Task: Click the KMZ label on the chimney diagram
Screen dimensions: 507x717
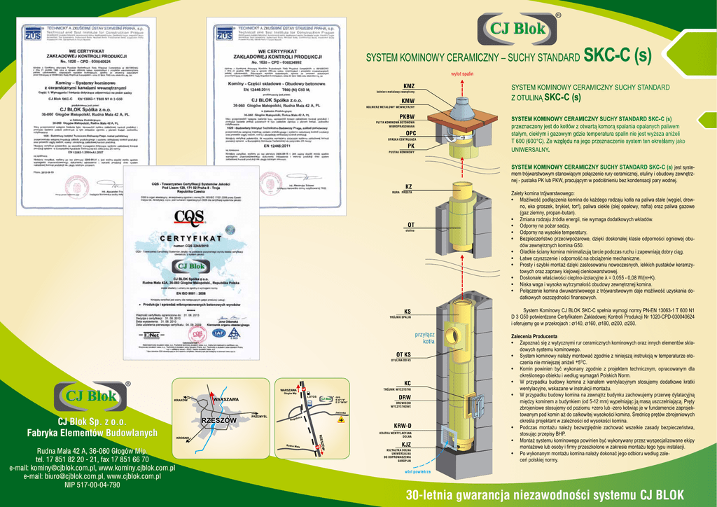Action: click(409, 85)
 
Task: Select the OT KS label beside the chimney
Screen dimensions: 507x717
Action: click(404, 355)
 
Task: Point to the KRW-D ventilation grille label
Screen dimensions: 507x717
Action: click(403, 426)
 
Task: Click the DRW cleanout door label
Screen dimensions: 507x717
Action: click(405, 398)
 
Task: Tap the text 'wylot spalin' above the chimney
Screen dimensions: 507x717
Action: click(462, 73)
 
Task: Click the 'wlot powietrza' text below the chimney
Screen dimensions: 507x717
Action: click(418, 472)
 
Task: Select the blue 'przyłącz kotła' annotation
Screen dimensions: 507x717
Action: click(425, 338)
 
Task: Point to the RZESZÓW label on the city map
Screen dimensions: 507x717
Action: click(218, 420)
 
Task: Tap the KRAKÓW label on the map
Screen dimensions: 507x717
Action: click(181, 400)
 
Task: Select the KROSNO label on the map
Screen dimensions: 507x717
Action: click(183, 438)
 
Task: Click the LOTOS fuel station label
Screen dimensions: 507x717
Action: click(312, 398)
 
